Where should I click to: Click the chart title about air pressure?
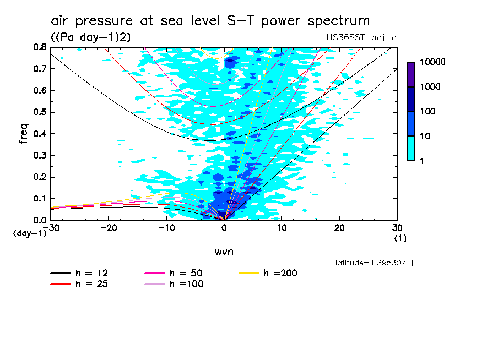(210, 21)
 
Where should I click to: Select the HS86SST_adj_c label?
(361, 37)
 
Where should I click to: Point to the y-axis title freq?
(24, 134)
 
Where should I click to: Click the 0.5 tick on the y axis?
(40, 112)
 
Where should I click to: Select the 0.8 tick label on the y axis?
(40, 47)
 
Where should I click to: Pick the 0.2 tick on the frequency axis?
(40, 177)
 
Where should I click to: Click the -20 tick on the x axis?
(109, 228)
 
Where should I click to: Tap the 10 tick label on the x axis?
(282, 228)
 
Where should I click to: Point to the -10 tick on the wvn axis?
(166, 228)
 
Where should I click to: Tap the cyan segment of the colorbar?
(411, 148)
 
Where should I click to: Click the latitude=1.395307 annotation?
(370, 263)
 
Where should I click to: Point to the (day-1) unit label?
(29, 233)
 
